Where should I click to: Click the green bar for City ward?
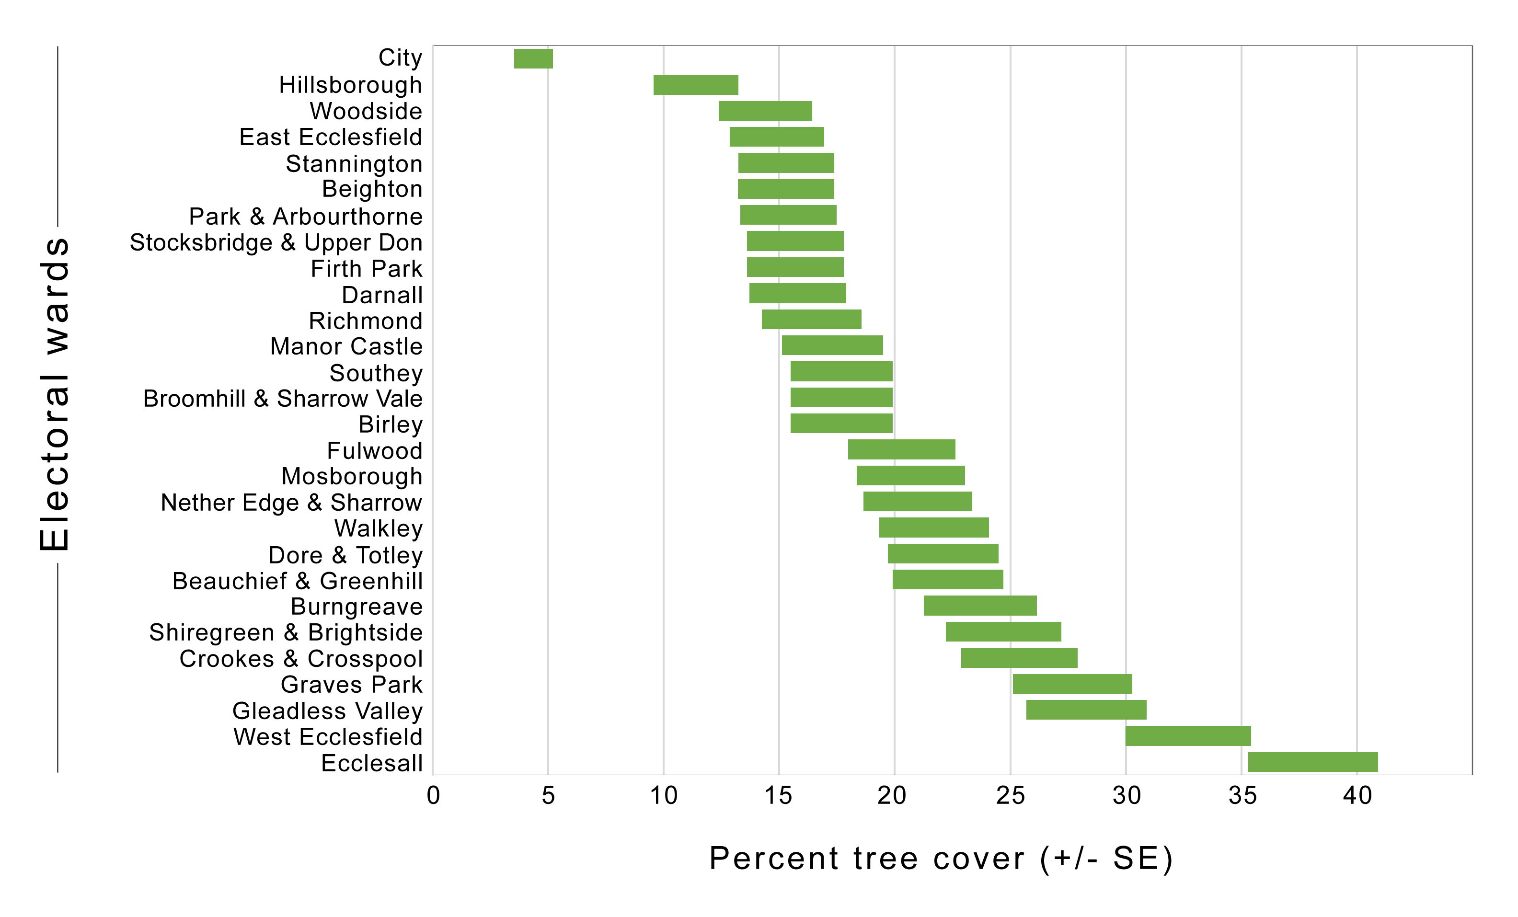click(x=533, y=58)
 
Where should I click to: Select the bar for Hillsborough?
click(x=696, y=85)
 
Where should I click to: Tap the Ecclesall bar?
click(x=1312, y=762)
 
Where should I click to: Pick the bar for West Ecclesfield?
click(x=1188, y=736)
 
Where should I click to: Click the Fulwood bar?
click(x=901, y=449)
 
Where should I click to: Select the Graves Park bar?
click(x=1072, y=684)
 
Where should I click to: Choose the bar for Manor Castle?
click(x=832, y=345)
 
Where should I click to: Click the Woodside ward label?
click(x=366, y=112)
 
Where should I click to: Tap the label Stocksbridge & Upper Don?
click(x=276, y=242)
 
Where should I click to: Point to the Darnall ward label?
click(x=382, y=295)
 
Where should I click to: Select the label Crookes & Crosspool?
click(x=300, y=659)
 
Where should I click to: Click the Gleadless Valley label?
click(x=327, y=711)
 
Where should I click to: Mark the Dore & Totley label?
click(x=345, y=555)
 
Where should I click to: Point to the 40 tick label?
click(x=1357, y=796)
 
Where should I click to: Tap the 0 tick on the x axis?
click(x=433, y=796)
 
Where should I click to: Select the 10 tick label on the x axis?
click(x=664, y=796)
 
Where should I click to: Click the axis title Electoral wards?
click(x=54, y=394)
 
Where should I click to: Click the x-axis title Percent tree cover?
click(x=941, y=859)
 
